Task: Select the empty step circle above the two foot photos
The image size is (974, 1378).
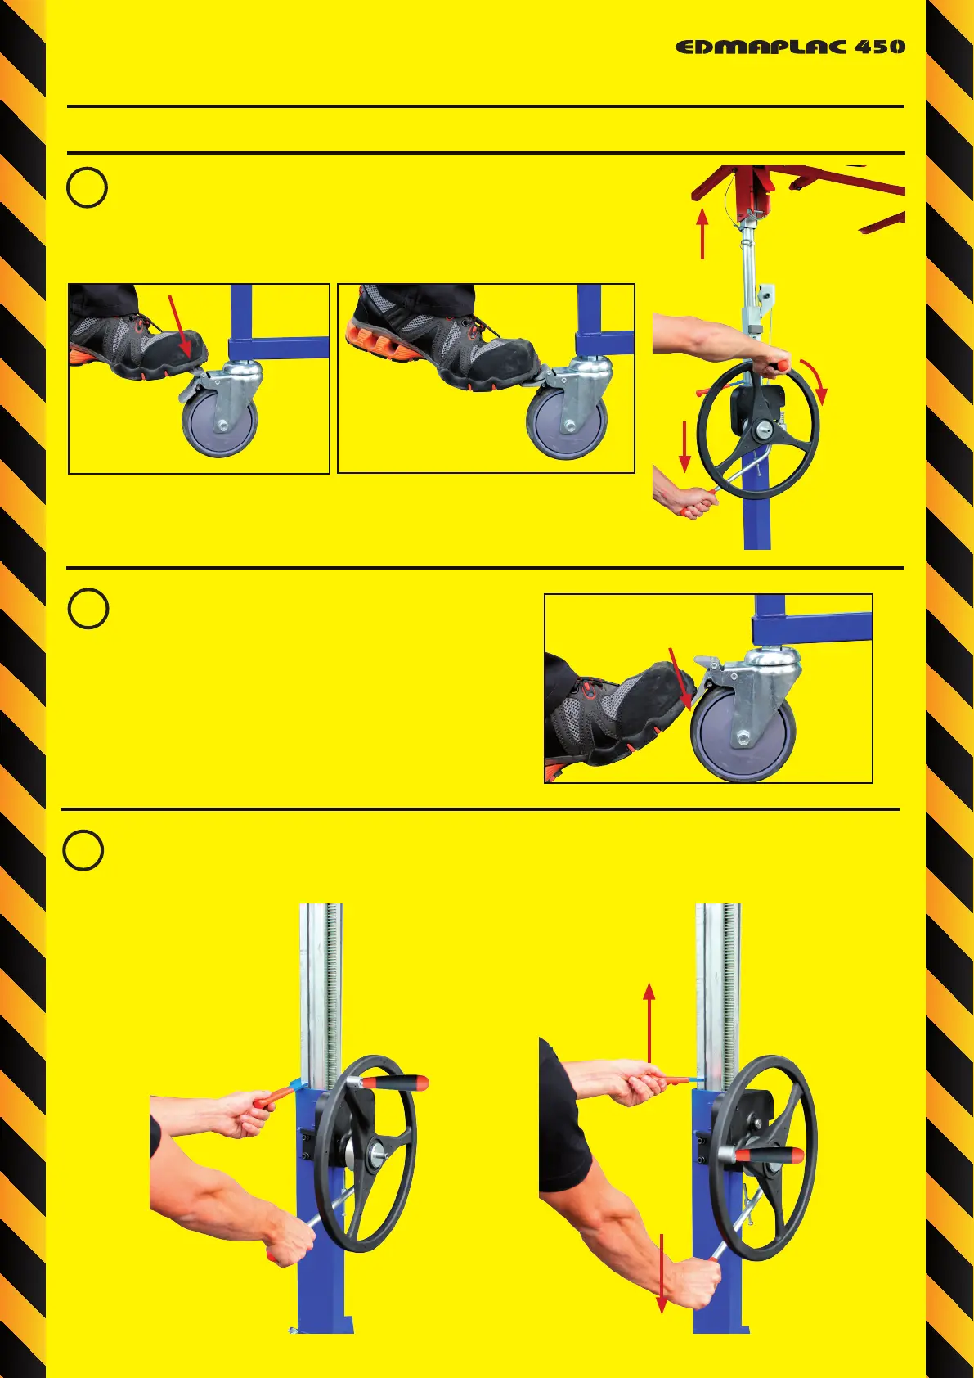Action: [x=87, y=187]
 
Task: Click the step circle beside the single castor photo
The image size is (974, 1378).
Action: [x=88, y=609]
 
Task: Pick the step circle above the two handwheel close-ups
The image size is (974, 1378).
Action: [x=83, y=850]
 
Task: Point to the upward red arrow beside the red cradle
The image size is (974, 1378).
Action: [x=702, y=233]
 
